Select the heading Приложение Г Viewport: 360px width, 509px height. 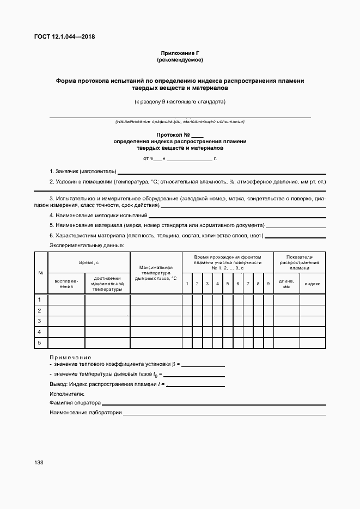pyautogui.click(x=180, y=53)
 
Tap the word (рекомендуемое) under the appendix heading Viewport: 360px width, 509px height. pyautogui.click(x=180, y=59)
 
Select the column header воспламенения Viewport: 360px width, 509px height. pyautogui.click(x=66, y=283)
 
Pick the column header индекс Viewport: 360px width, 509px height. pyautogui.click(x=312, y=284)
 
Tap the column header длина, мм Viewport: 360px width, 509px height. pyautogui.click(x=286, y=283)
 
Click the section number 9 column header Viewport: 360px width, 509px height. pyautogui.click(x=268, y=284)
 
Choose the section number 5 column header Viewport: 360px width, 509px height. pyautogui.click(x=227, y=284)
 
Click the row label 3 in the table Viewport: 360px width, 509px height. pyautogui.click(x=40, y=321)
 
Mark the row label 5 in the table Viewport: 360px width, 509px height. pyautogui.click(x=40, y=342)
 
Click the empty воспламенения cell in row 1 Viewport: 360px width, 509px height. pyautogui.click(x=66, y=300)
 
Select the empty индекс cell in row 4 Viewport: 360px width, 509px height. pyautogui.click(x=312, y=332)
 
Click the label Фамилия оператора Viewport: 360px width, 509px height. pyautogui.click(x=75, y=403)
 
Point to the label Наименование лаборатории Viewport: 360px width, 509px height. pyautogui.click(x=86, y=413)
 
